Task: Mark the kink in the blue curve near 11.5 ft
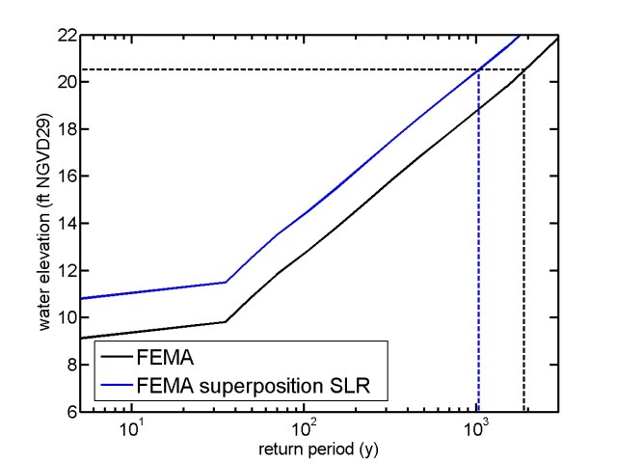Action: pos(226,282)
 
